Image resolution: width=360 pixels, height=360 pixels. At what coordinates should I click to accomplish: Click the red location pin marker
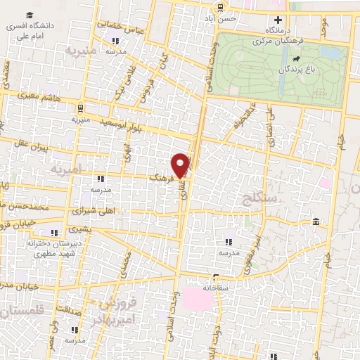(x=181, y=165)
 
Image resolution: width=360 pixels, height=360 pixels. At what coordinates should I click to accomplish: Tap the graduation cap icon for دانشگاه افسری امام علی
(x=29, y=15)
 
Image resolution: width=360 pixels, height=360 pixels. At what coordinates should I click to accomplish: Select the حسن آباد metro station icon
(x=221, y=8)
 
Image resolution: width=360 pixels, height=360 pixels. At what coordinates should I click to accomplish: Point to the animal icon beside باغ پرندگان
(x=299, y=58)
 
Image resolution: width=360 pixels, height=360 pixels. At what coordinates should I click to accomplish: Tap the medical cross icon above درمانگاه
(x=278, y=19)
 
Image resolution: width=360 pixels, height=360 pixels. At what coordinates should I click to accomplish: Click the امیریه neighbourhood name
(x=67, y=169)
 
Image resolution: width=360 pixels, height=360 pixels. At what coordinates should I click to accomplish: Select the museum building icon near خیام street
(x=316, y=223)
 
